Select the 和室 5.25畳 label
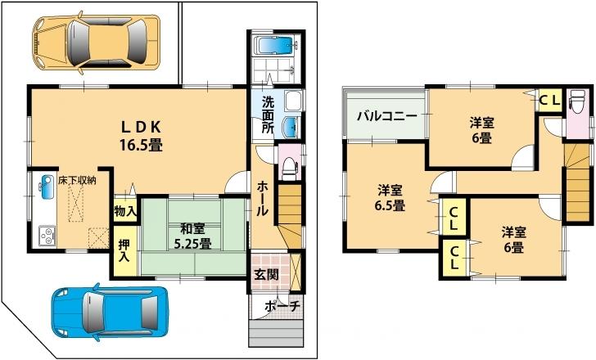click(x=190, y=236)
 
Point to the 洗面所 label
click(x=267, y=115)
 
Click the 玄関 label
click(x=264, y=274)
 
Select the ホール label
click(x=262, y=198)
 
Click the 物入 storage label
click(x=124, y=211)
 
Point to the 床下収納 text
click(x=76, y=180)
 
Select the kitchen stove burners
click(x=45, y=237)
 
